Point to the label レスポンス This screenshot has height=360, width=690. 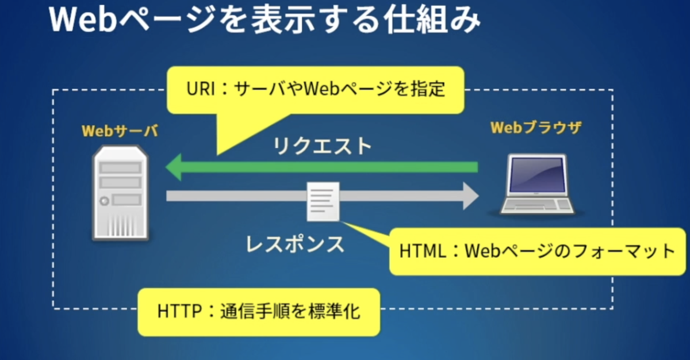295,244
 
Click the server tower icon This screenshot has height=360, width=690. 120,193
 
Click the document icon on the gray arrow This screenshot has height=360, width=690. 323,201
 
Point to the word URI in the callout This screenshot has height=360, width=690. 200,90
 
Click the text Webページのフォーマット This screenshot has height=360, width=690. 569,251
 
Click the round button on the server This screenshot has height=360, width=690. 104,201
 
